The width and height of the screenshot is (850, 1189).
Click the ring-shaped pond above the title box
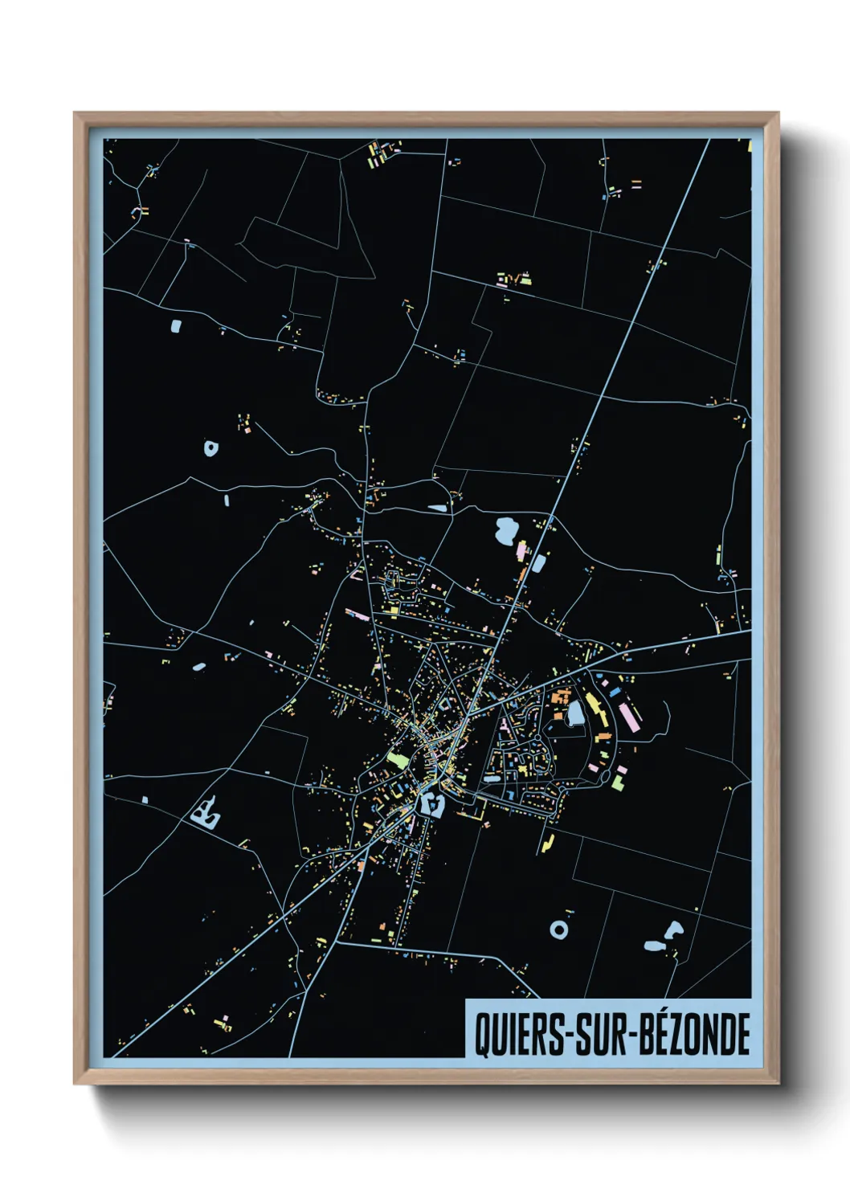coord(559,930)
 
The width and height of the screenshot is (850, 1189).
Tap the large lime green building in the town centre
coord(398,758)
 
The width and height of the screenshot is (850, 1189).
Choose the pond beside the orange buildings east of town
coord(575,713)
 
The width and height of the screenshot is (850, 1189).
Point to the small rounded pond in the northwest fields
coord(176,326)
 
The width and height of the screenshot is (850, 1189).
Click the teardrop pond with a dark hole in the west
coord(210,447)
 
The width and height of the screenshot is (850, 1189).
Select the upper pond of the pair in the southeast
coord(673,930)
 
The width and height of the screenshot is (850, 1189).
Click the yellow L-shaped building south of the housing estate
coord(548,843)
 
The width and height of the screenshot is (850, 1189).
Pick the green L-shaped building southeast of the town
coord(618,781)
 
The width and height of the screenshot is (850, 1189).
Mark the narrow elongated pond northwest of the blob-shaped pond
coord(438,508)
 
